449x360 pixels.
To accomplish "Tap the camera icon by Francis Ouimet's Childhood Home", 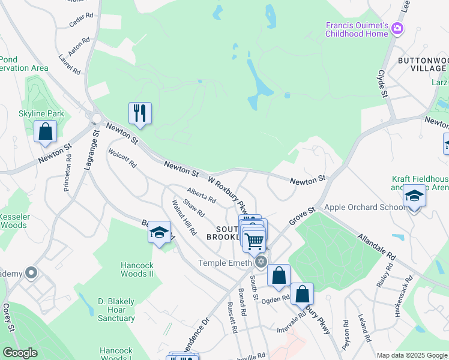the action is pyautogui.click(x=397, y=28).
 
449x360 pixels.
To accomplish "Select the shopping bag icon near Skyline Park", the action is pyautogui.click(x=45, y=131).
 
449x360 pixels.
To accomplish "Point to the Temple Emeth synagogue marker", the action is pyautogui.click(x=261, y=262).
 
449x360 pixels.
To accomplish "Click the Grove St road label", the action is pyautogui.click(x=303, y=216).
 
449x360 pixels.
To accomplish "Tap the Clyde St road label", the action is pyautogui.click(x=381, y=83).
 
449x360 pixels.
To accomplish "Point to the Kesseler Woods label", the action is pyautogui.click(x=14, y=221).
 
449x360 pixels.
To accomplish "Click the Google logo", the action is pyautogui.click(x=20, y=353).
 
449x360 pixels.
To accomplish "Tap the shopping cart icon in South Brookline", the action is pyautogui.click(x=255, y=241).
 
